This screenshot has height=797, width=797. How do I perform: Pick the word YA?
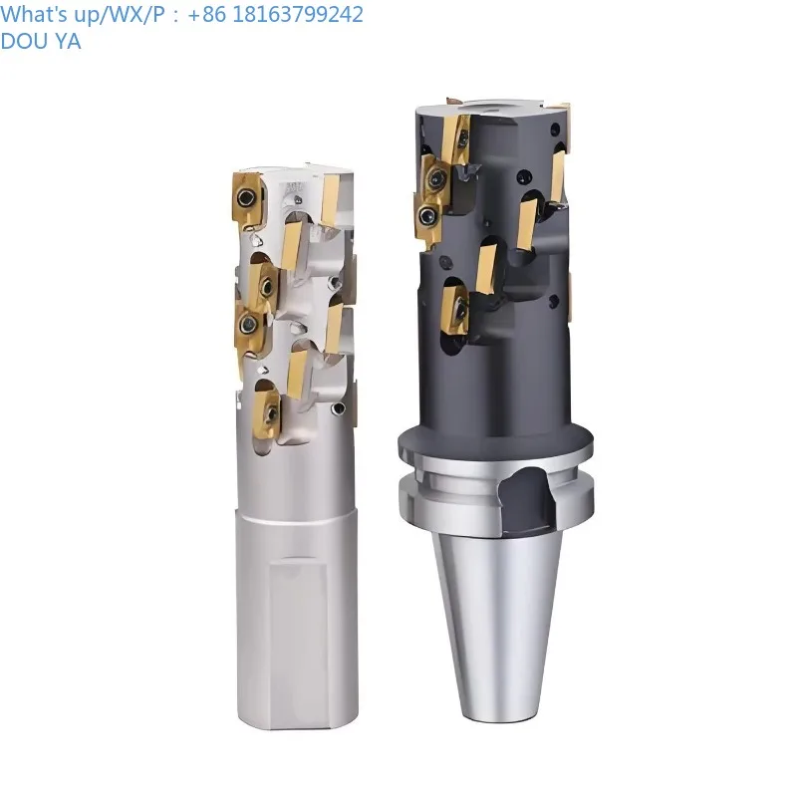67,42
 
